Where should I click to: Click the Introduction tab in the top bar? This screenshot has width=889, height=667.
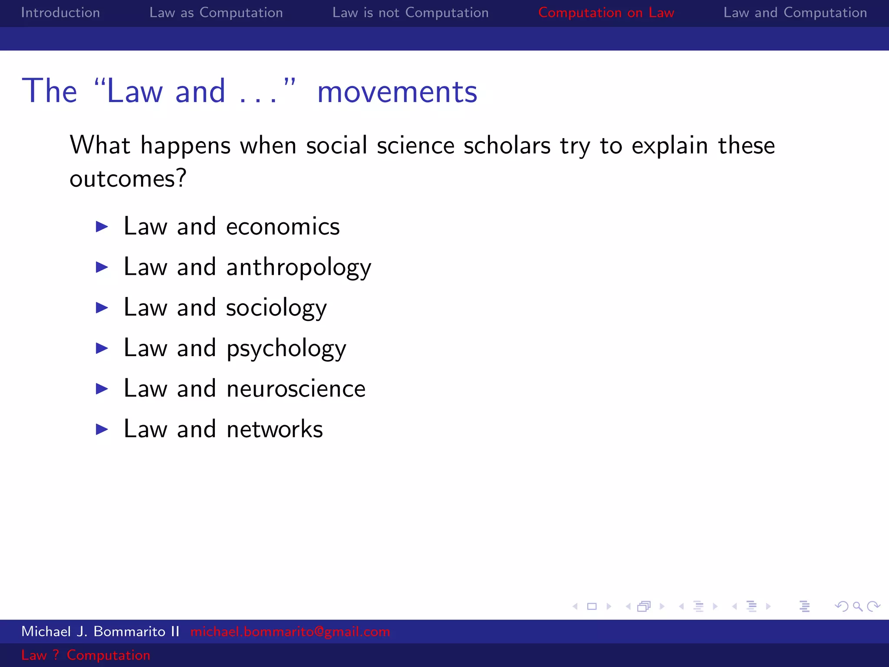pyautogui.click(x=60, y=13)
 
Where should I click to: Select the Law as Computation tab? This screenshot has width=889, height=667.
pyautogui.click(x=216, y=13)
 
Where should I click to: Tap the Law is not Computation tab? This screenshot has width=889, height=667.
pyautogui.click(x=410, y=13)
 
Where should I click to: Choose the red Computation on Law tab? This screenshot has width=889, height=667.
pyautogui.click(x=606, y=13)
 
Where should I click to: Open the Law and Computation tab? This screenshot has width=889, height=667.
pyautogui.click(x=795, y=13)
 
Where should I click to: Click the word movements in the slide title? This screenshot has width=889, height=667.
pyautogui.click(x=397, y=92)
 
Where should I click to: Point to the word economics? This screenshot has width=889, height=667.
pyautogui.click(x=283, y=227)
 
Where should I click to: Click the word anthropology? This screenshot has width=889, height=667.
pyautogui.click(x=299, y=267)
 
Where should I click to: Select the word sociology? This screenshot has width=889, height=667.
pyautogui.click(x=276, y=308)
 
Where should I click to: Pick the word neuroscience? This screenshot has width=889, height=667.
pyautogui.click(x=296, y=389)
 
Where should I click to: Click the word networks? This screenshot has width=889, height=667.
pyautogui.click(x=274, y=429)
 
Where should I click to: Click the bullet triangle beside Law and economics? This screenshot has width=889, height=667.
pyautogui.click(x=102, y=226)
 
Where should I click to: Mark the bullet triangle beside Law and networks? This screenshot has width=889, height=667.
pyautogui.click(x=102, y=429)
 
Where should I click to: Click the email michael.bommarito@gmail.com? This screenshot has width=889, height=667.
pyautogui.click(x=290, y=631)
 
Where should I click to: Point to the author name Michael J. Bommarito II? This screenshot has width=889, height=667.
pyautogui.click(x=100, y=631)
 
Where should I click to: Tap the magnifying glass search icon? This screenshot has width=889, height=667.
pyautogui.click(x=857, y=606)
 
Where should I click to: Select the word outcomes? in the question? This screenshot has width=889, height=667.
pyautogui.click(x=128, y=178)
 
